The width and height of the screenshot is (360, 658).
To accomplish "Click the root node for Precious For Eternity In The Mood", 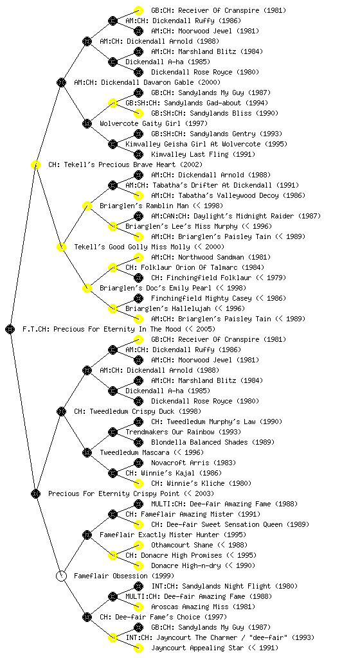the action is pos(10,329).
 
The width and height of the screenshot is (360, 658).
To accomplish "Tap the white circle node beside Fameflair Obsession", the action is pos(61,576).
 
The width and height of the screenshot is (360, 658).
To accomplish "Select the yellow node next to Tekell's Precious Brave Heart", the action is pos(35,164).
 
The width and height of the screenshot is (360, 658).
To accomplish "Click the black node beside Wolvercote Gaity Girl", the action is pos(87,123).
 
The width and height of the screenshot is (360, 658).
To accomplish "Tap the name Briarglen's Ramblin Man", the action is pos(161,206).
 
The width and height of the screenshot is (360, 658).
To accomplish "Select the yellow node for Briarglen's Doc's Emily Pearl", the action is pos(87,288).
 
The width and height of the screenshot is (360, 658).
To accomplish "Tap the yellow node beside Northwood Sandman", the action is pos(138,257).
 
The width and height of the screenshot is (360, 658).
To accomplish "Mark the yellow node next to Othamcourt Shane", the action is pos(138,545).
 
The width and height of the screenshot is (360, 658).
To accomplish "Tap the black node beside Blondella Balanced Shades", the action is pos(138,442).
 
